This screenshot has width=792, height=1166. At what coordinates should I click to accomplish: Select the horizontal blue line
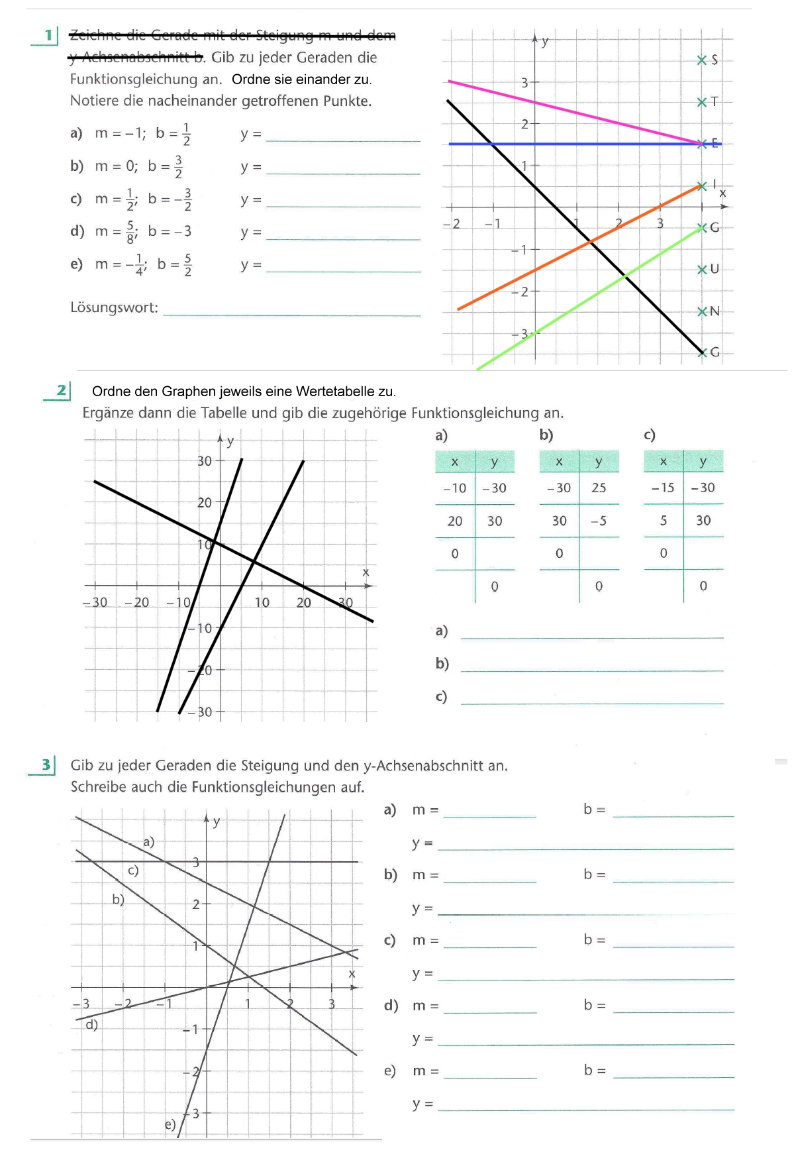click(x=596, y=144)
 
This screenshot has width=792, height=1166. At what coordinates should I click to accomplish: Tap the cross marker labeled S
click(x=702, y=60)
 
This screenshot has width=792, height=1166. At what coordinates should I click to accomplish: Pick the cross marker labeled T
click(x=702, y=102)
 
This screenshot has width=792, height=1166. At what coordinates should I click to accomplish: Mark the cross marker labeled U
click(x=702, y=269)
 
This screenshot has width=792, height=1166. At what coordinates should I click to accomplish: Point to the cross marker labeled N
click(x=702, y=311)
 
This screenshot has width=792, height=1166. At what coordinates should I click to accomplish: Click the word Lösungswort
click(x=114, y=307)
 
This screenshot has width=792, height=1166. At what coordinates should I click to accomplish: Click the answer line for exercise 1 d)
click(x=343, y=237)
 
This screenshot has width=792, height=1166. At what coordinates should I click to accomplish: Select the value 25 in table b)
click(x=599, y=488)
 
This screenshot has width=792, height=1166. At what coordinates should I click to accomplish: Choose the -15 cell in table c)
click(x=662, y=488)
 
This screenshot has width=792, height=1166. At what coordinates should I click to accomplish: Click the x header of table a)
click(x=454, y=462)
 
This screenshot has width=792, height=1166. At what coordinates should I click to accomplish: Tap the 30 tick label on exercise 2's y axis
click(x=205, y=460)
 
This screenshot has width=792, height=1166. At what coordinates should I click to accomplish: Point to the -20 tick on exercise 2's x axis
click(x=137, y=602)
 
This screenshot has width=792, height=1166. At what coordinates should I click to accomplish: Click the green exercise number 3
click(x=46, y=765)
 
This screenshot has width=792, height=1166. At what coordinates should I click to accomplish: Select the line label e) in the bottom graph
click(x=170, y=1124)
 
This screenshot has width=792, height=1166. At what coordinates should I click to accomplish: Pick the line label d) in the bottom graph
click(x=92, y=1024)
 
